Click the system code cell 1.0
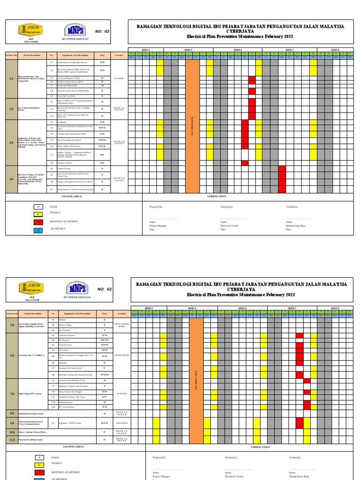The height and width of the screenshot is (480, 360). pos(11,79)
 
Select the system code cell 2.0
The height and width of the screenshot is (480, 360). pos(11,109)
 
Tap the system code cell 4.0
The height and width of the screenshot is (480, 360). pos(11,179)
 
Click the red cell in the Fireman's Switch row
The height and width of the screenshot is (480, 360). pos(245,163)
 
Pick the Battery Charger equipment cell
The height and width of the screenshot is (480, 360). pos(77,325)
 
